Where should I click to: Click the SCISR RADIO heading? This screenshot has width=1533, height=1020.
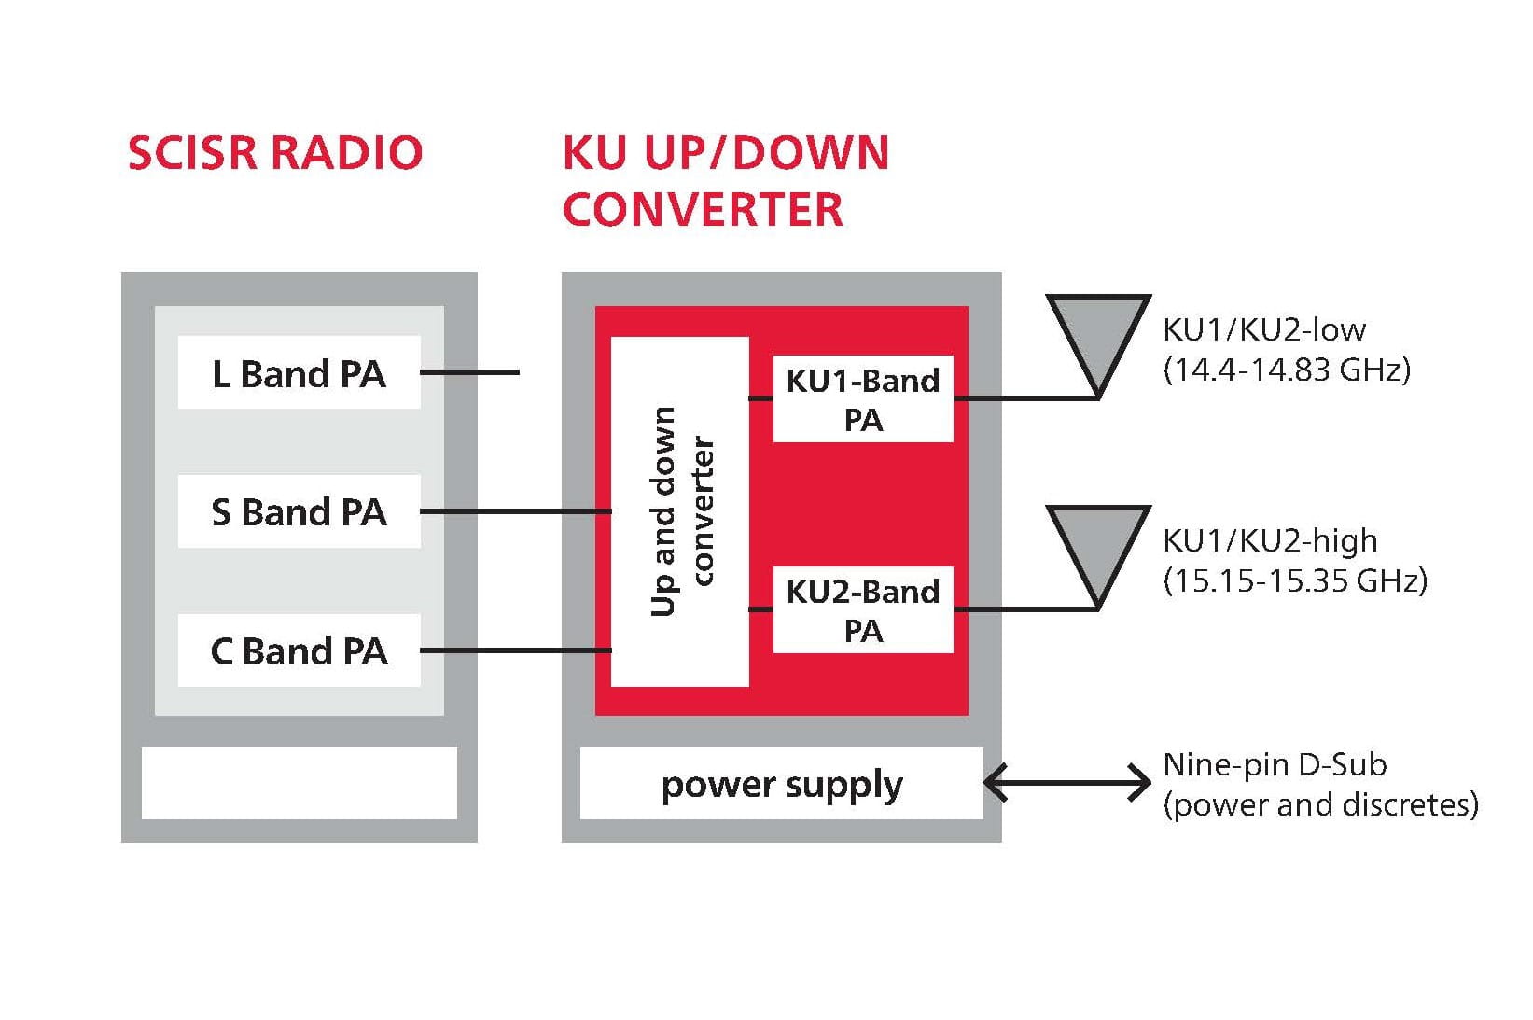pyautogui.click(x=275, y=154)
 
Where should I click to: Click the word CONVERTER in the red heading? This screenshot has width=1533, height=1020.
pyautogui.click(x=703, y=209)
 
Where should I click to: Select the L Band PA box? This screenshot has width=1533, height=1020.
pyautogui.click(x=299, y=373)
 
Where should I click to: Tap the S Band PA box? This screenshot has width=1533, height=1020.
pyautogui.click(x=299, y=511)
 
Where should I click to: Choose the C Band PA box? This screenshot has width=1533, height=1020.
pyautogui.click(x=299, y=650)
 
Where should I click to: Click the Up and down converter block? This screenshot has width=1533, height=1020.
pyautogui.click(x=679, y=511)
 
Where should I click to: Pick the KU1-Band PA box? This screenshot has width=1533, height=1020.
pyautogui.click(x=862, y=399)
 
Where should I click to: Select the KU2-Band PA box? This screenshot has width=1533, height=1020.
pyautogui.click(x=862, y=610)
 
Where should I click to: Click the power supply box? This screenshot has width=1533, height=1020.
pyautogui.click(x=781, y=784)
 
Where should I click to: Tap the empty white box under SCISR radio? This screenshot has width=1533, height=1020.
pyautogui.click(x=299, y=783)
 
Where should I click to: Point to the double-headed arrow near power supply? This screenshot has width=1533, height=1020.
pyautogui.click(x=1067, y=783)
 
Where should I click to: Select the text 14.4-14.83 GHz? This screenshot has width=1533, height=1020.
pyautogui.click(x=1287, y=370)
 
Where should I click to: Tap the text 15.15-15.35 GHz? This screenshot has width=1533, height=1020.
pyautogui.click(x=1295, y=581)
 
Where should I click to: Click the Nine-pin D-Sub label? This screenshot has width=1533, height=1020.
pyautogui.click(x=1275, y=765)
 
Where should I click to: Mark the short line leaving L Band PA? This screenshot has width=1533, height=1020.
pyautogui.click(x=469, y=372)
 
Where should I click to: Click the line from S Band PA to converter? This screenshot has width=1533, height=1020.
pyautogui.click(x=515, y=511)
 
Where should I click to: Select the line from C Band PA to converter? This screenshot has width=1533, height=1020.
pyautogui.click(x=515, y=650)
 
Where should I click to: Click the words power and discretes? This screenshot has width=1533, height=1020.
pyautogui.click(x=1320, y=804)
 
